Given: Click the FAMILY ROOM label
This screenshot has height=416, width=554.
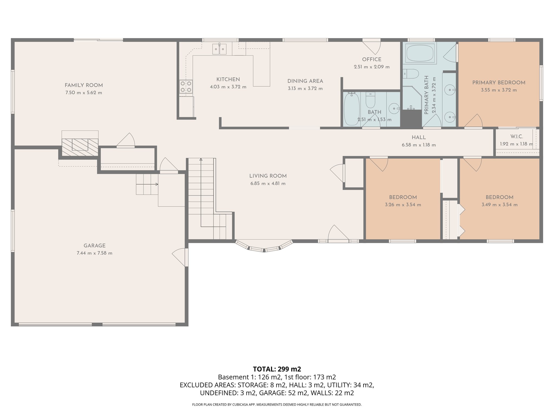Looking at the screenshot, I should coord(84,85).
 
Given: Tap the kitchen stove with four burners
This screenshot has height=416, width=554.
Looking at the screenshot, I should coord(186,87).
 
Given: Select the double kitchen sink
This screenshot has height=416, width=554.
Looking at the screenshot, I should coord(219,49).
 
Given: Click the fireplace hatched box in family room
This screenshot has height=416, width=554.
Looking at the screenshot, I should coord(80,147).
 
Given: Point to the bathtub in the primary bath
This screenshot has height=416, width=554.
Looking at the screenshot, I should coord(420,53).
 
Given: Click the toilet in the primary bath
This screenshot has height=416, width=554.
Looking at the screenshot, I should coord(411,74).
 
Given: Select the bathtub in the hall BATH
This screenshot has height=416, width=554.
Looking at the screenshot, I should coord(352,109).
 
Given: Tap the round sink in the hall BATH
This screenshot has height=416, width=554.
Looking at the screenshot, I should coord(394,109).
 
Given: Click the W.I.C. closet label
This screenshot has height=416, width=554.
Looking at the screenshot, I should coord(517,137).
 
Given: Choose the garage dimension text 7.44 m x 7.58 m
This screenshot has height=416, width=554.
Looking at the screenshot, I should coord(94,253).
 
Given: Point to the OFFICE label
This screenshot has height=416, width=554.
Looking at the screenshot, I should coord(372,60).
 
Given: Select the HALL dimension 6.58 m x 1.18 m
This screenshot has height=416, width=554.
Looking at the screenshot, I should coord(418,145).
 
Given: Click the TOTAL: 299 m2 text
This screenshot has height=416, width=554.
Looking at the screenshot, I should coord(277,369).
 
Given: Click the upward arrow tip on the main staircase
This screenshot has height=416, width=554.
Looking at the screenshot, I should coord(201,160).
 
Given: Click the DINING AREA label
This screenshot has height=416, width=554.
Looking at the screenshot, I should coord(305,81).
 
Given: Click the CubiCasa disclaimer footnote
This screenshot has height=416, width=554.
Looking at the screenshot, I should coord(277,405).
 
